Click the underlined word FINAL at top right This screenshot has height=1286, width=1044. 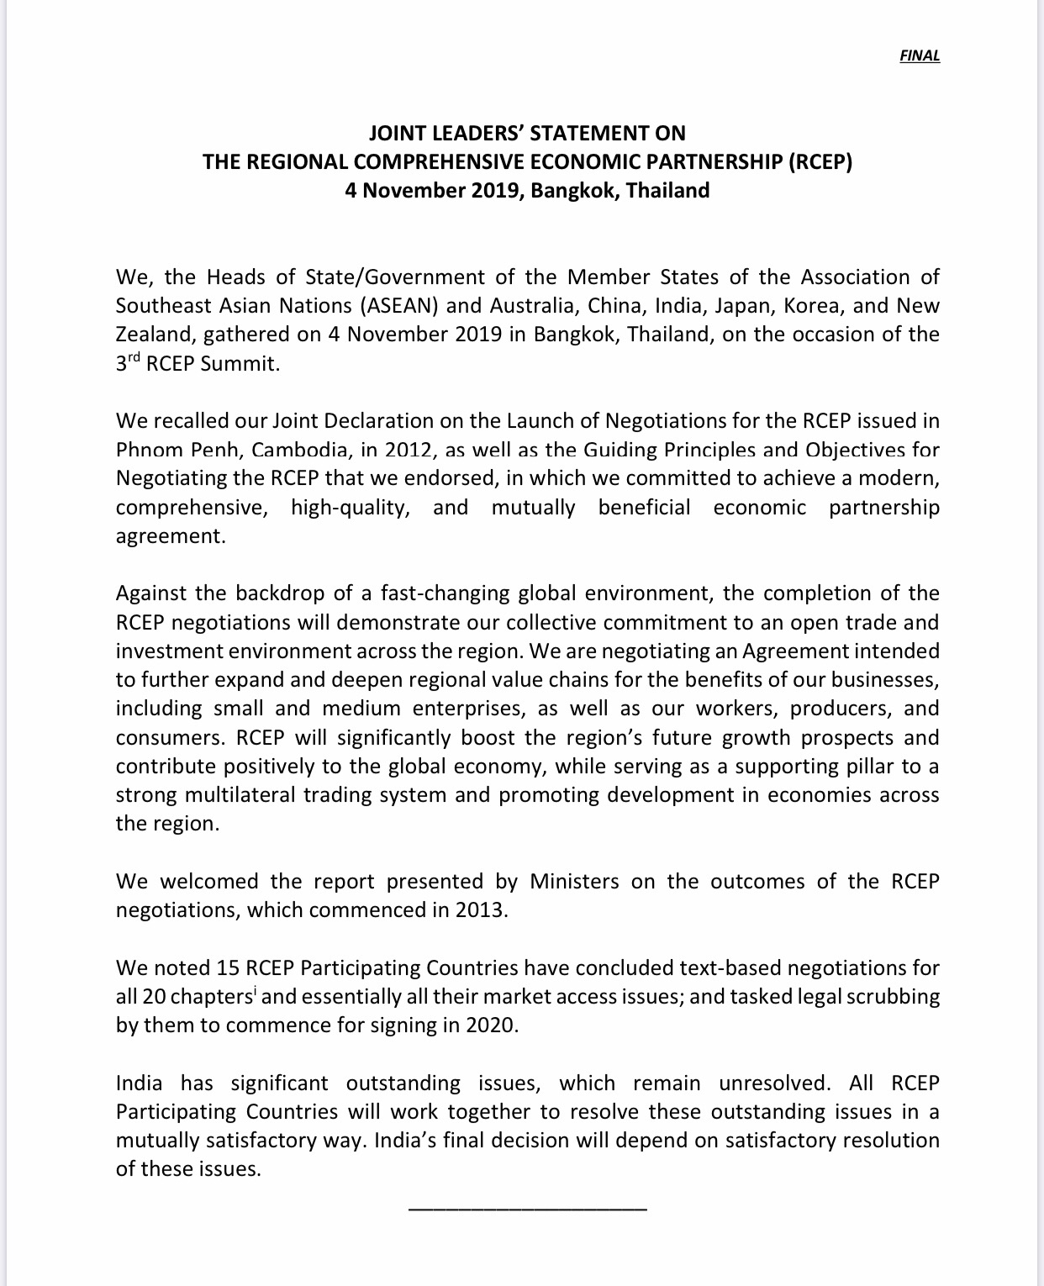pos(920,56)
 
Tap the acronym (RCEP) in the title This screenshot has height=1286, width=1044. pos(820,161)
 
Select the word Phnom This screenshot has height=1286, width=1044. pos(149,450)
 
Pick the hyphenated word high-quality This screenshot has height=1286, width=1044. pos(351,508)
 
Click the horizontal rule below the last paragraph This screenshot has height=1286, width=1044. pos(527,1209)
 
